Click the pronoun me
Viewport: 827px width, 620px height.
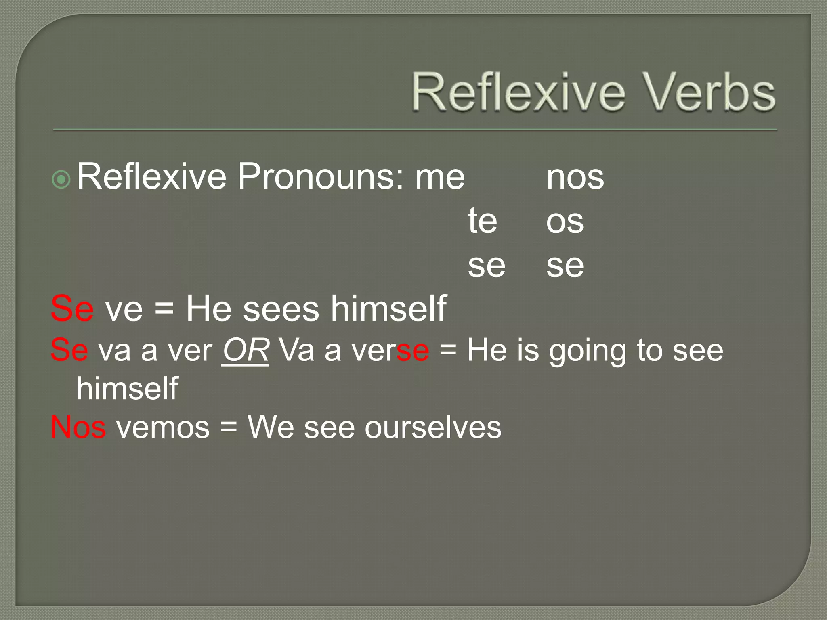point(440,178)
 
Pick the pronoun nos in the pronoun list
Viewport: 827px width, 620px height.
point(575,178)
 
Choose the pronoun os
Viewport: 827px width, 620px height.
point(565,222)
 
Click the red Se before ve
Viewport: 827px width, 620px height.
point(72,309)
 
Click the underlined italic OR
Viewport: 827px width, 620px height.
point(246,350)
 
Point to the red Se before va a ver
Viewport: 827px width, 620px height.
point(69,350)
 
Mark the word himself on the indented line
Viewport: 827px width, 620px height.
point(127,388)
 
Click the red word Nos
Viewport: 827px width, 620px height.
point(78,427)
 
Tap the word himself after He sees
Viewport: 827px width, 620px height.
point(388,309)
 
